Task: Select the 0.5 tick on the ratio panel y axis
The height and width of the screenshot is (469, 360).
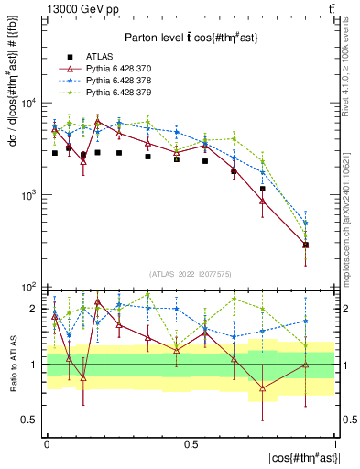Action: click(x=33, y=420)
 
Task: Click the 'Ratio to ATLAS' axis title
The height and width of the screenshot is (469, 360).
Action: click(x=12, y=365)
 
